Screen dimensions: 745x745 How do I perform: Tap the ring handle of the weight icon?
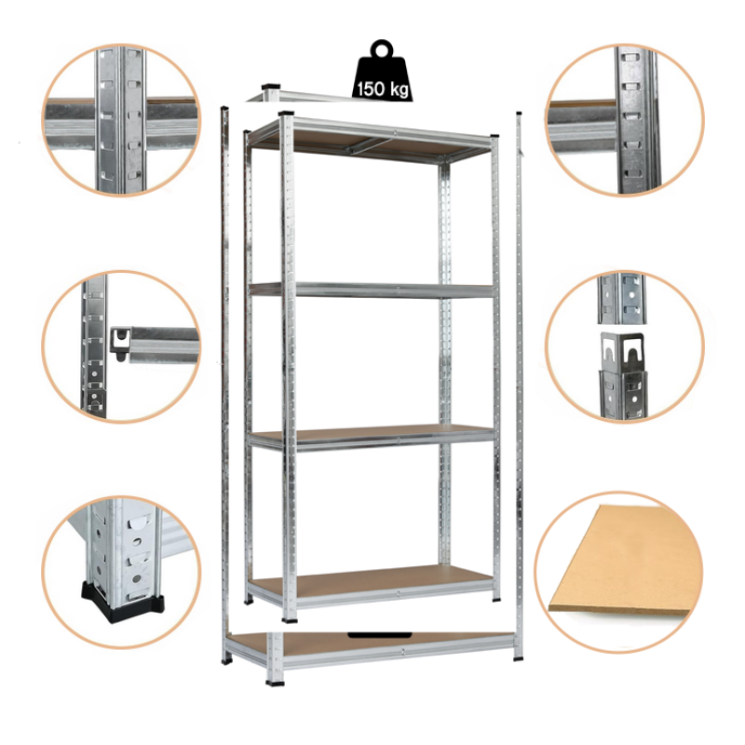click(x=383, y=48)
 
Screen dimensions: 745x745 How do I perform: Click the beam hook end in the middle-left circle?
click(x=120, y=343)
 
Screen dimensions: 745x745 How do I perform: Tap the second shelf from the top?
click(x=372, y=290)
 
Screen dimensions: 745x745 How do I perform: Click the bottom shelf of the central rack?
click(x=372, y=587)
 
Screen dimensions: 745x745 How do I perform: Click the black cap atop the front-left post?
click(x=286, y=114)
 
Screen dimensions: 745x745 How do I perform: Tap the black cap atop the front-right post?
click(x=495, y=136)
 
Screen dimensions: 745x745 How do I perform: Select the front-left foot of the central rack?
click(x=289, y=619)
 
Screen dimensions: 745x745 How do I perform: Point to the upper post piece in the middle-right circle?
click(x=621, y=298)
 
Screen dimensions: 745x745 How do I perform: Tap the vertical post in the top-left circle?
click(x=120, y=120)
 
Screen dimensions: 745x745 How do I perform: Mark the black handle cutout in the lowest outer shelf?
click(x=380, y=635)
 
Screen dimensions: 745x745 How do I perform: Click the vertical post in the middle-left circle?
click(x=94, y=346)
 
